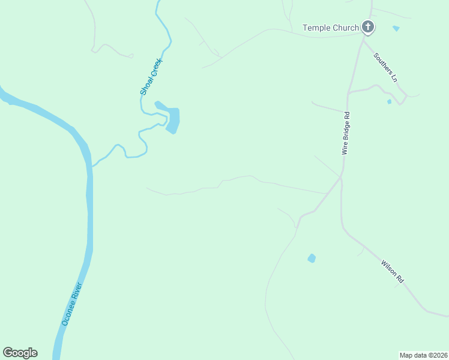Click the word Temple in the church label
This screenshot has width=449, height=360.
[x=316, y=28]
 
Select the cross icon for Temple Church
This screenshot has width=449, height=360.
[x=368, y=27]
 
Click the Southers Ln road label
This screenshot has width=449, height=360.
[x=385, y=67]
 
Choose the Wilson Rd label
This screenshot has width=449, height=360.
[x=393, y=271]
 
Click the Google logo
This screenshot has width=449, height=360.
[x=20, y=353]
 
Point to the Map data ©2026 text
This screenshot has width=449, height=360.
[x=423, y=355]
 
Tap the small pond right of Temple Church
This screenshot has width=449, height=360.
[x=396, y=28]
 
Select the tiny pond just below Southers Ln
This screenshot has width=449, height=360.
[x=389, y=102]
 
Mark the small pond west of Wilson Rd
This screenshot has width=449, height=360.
[x=312, y=258]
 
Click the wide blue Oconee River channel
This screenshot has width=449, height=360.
[x=89, y=210]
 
